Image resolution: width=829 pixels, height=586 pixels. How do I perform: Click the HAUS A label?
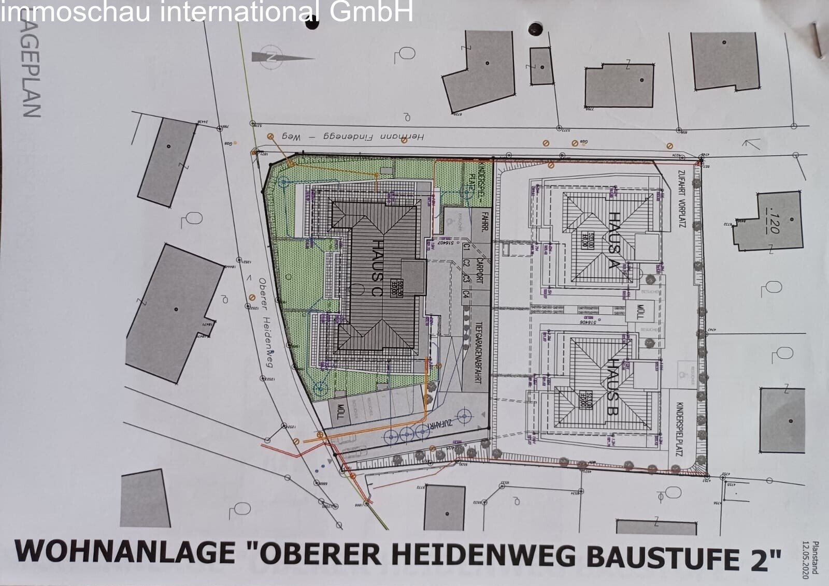click(614, 240)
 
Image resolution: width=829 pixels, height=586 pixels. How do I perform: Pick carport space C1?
click(466, 248)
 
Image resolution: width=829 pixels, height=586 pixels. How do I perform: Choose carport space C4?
click(466, 295)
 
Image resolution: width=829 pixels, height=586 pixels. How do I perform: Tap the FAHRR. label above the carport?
click(484, 221)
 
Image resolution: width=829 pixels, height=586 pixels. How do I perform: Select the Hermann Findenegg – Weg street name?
click(352, 137)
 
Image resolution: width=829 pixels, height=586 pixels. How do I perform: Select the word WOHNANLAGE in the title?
click(124, 552)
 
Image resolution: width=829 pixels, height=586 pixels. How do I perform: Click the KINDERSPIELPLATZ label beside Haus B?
click(679, 429)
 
